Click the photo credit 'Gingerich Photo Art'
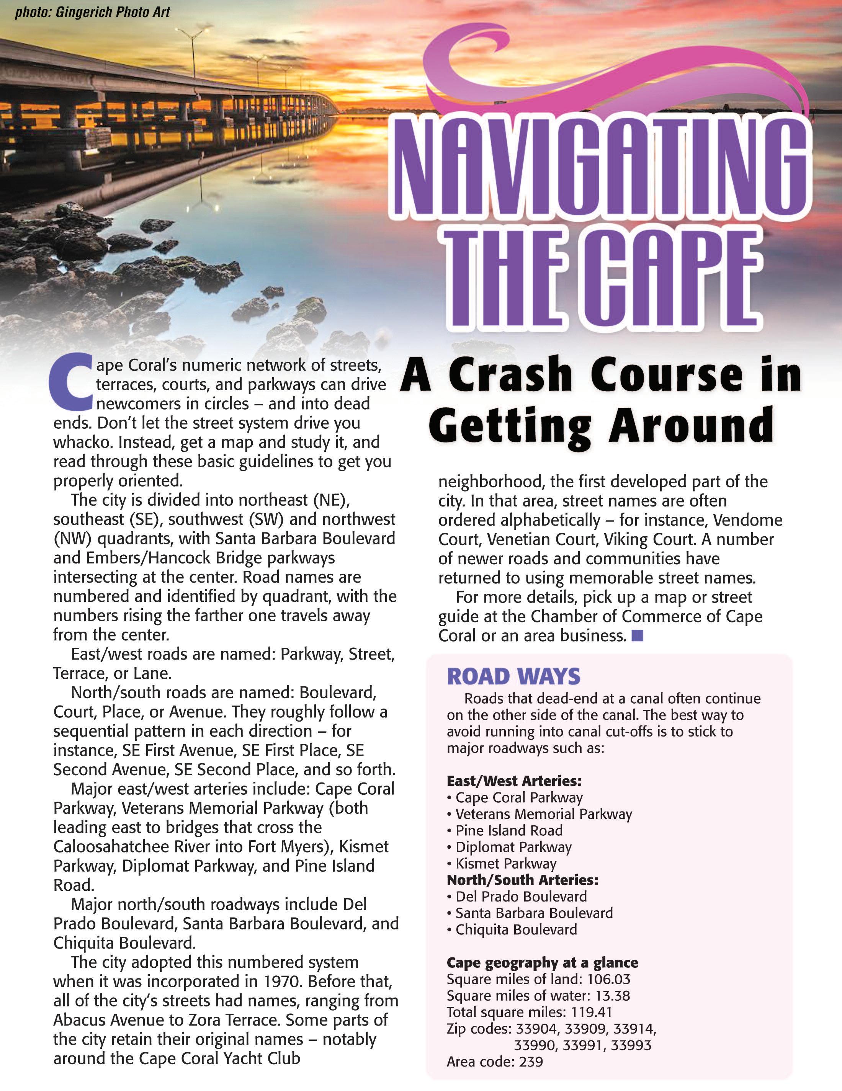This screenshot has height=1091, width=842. (x=113, y=11)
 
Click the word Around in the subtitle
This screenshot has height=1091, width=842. (x=691, y=425)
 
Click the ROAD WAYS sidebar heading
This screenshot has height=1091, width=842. (x=513, y=676)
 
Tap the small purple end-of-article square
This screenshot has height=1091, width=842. (x=637, y=635)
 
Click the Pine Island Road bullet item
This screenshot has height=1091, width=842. (x=509, y=830)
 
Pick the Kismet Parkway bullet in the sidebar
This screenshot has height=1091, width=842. (x=506, y=863)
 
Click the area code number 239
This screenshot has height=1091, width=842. (x=531, y=1062)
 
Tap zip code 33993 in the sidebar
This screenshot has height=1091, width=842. (x=631, y=1045)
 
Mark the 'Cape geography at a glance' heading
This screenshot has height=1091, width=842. (x=542, y=963)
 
